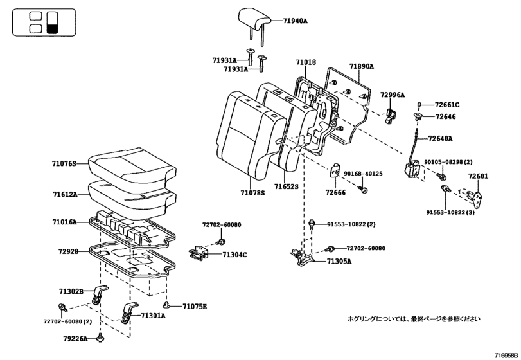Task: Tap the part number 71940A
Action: [x=296, y=21]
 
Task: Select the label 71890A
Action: [x=361, y=66]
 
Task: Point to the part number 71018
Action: [x=306, y=62]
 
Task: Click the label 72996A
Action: [x=393, y=94]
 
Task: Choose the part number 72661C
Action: [x=447, y=104]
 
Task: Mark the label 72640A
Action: [x=440, y=138]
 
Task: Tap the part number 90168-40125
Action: [x=364, y=174]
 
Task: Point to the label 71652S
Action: [x=287, y=186]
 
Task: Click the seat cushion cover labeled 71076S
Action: [x=132, y=166]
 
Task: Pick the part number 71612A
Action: [x=65, y=194]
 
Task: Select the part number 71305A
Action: [x=339, y=262]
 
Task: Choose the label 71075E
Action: [x=195, y=306]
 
